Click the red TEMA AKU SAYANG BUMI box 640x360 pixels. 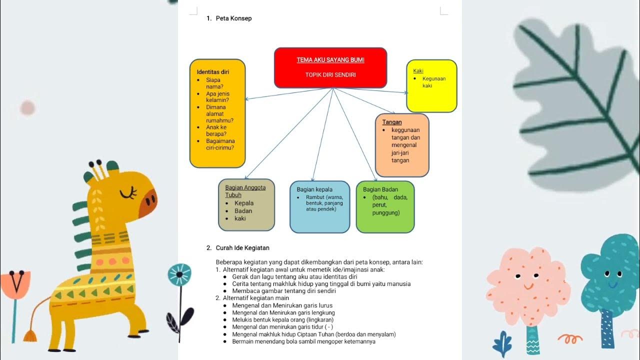[x=330, y=68]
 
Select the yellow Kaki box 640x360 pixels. [x=431, y=86]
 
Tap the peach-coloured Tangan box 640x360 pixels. [x=402, y=145]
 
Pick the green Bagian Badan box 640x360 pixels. [x=385, y=207]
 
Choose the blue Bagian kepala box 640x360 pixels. [x=320, y=207]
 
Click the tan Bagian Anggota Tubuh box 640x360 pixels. [x=246, y=205]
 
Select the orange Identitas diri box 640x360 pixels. [x=217, y=113]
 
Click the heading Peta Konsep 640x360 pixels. [x=233, y=18]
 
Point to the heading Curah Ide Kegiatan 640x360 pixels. [x=242, y=248]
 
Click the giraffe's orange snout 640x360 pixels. [x=148, y=204]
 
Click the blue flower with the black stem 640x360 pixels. [x=179, y=274]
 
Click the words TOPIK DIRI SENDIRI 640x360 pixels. [x=330, y=75]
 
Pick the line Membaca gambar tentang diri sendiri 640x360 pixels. [x=283, y=291]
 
